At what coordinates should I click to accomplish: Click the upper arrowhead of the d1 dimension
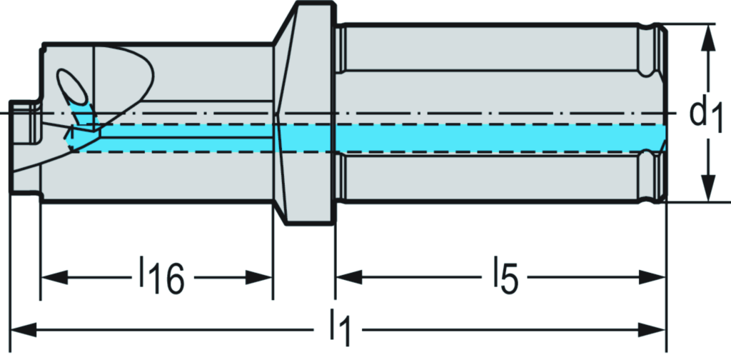[707, 36]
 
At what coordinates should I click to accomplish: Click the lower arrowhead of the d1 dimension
[707, 191]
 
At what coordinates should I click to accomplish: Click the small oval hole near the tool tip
[72, 88]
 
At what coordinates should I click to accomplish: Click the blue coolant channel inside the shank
[500, 138]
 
